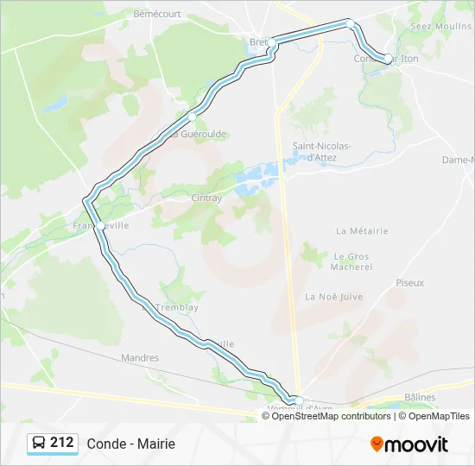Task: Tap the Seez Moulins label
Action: [440, 27]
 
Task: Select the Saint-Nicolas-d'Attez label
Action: [321, 151]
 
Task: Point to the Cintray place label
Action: [206, 198]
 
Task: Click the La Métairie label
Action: [362, 231]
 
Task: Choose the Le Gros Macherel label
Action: [351, 261]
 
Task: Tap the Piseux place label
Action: [409, 282]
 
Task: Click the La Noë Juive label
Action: [334, 296]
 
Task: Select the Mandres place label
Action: [140, 357]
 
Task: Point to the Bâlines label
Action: [420, 397]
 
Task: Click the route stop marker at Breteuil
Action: [271, 42]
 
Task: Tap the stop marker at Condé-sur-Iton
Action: [388, 59]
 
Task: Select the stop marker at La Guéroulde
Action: [192, 116]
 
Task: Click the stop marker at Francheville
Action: [100, 226]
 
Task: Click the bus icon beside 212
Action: [39, 443]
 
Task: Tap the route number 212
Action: [62, 443]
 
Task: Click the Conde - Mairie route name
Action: [130, 444]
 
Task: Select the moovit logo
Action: [409, 444]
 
